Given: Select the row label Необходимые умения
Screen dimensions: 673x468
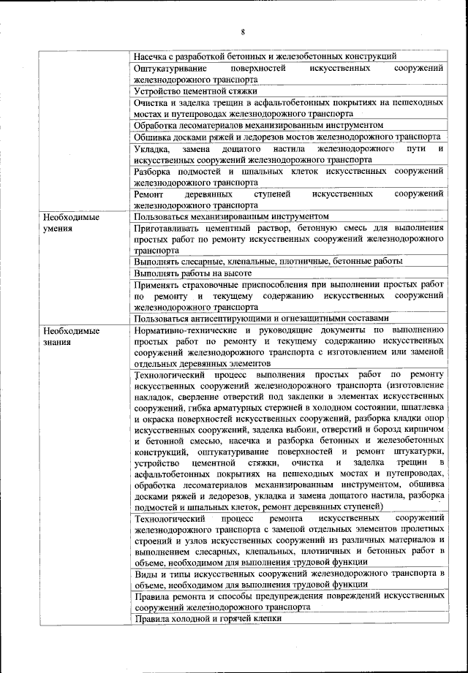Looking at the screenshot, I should [72, 222].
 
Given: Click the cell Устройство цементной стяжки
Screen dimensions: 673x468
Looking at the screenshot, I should [196, 91].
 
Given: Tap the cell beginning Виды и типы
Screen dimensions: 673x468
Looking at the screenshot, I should [289, 578].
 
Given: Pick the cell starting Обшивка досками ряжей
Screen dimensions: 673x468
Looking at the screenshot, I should [287, 137].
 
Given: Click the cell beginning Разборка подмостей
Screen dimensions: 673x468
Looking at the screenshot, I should [289, 176].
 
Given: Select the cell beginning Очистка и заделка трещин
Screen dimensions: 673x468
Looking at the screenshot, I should [289, 108].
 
